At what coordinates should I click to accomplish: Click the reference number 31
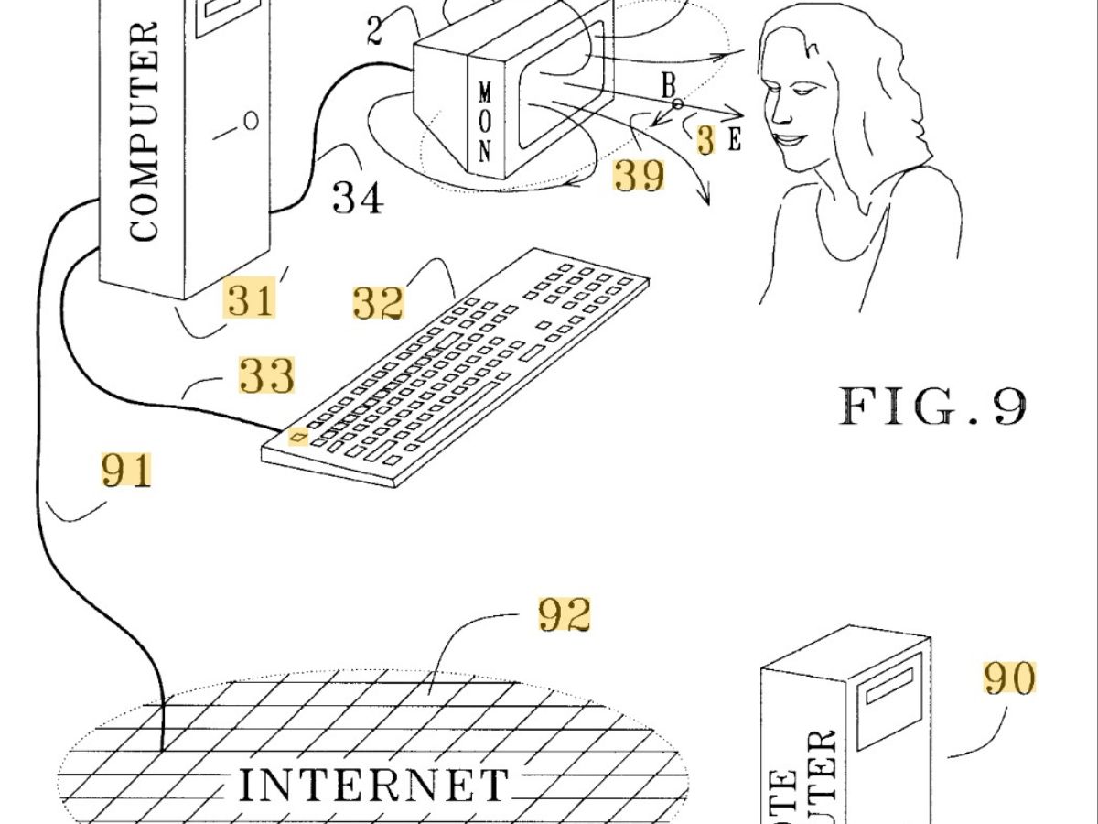pos(250,299)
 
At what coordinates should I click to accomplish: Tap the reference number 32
pos(378,303)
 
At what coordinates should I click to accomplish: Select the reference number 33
pos(266,375)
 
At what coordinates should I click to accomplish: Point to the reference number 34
pos(357,197)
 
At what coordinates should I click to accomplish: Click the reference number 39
pos(639,174)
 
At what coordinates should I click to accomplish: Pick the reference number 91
pos(126,471)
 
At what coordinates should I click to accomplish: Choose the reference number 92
pos(564,615)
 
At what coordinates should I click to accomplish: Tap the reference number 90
pos(1009,678)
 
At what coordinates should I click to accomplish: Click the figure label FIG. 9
pos(932,406)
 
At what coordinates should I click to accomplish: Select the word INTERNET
pos(373,786)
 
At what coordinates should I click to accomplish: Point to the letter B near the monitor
pos(669,87)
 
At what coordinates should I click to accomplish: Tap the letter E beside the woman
pos(734,141)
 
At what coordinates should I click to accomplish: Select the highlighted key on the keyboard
pos(297,437)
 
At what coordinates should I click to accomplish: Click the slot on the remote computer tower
pos(890,685)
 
